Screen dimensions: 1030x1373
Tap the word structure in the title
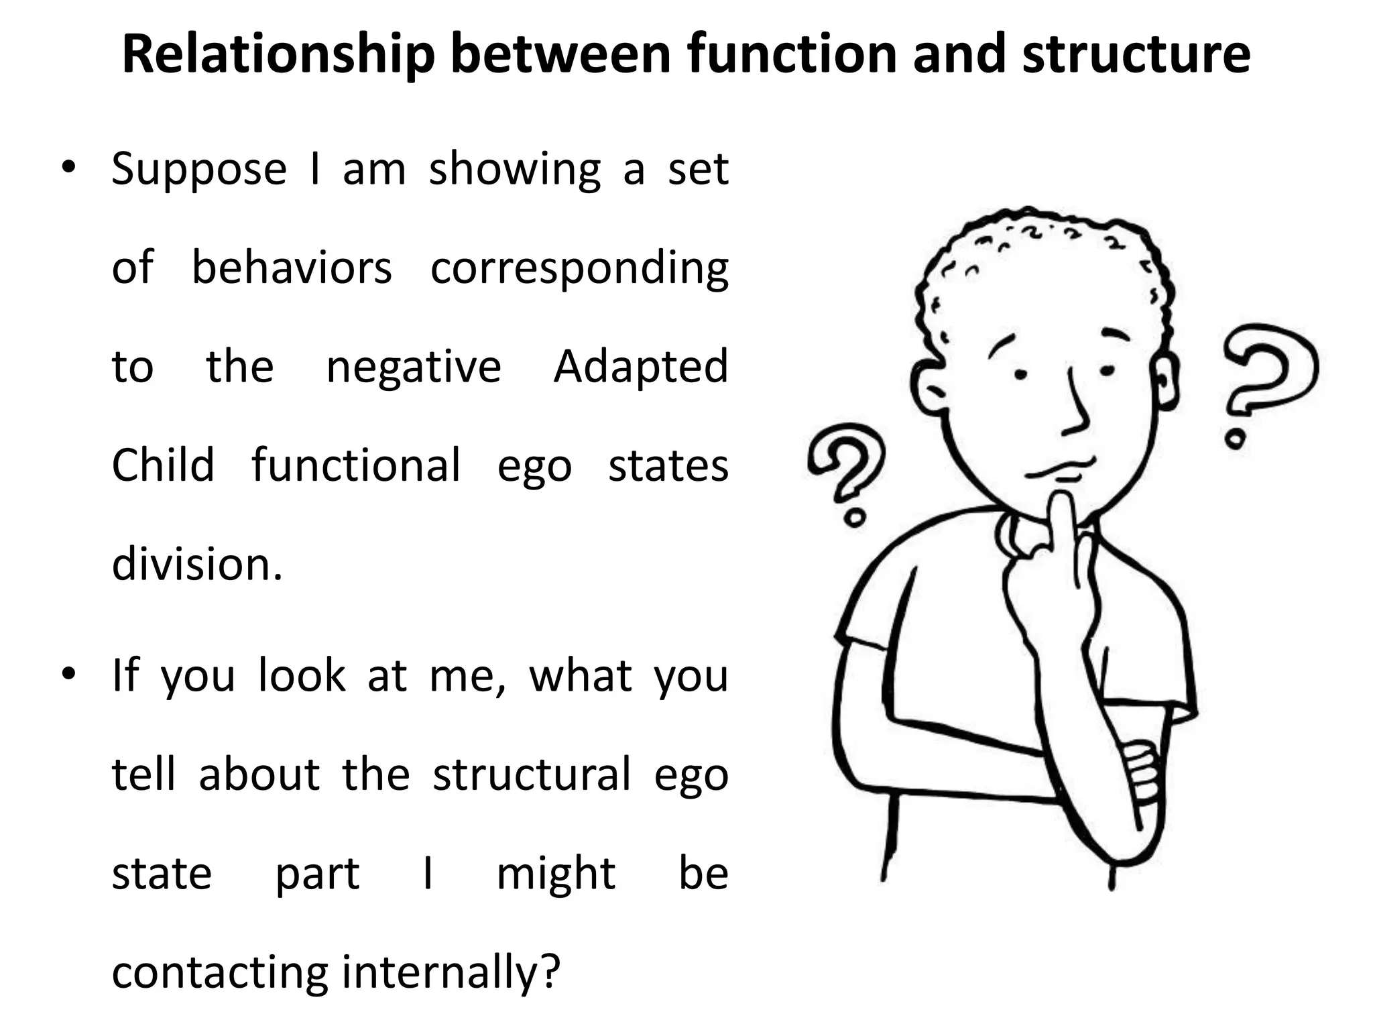(x=1136, y=54)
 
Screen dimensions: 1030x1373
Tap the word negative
(x=413, y=367)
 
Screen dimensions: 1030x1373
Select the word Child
(x=163, y=465)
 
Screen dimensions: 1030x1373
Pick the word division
(x=197, y=564)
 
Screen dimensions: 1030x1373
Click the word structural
(x=532, y=775)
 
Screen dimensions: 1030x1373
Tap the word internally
(x=451, y=972)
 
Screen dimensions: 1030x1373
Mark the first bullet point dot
(x=68, y=168)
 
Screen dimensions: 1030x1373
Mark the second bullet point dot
(x=68, y=675)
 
